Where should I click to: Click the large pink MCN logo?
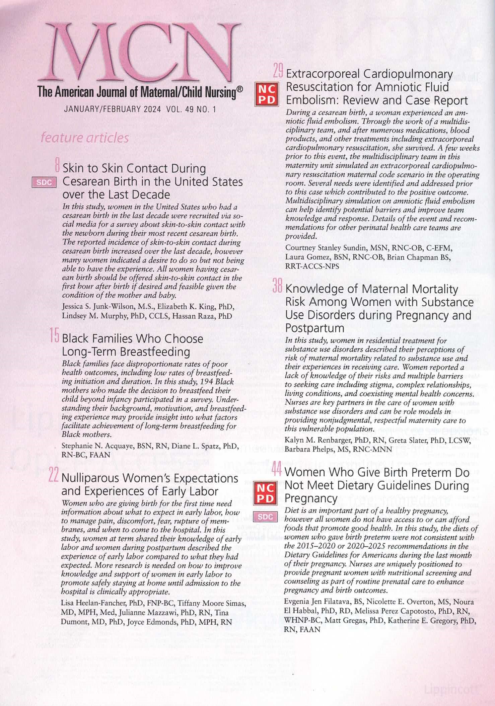[x=141, y=54]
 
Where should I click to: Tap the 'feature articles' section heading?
[x=84, y=138]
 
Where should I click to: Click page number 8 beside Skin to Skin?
[x=57, y=166]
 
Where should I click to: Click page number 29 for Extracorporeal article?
[x=278, y=72]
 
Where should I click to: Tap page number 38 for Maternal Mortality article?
[x=278, y=286]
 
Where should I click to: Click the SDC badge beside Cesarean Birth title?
[x=44, y=182]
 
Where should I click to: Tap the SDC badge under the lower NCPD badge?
[x=266, y=517]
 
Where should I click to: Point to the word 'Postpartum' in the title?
[x=314, y=328]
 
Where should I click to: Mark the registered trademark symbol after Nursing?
[x=239, y=89]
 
